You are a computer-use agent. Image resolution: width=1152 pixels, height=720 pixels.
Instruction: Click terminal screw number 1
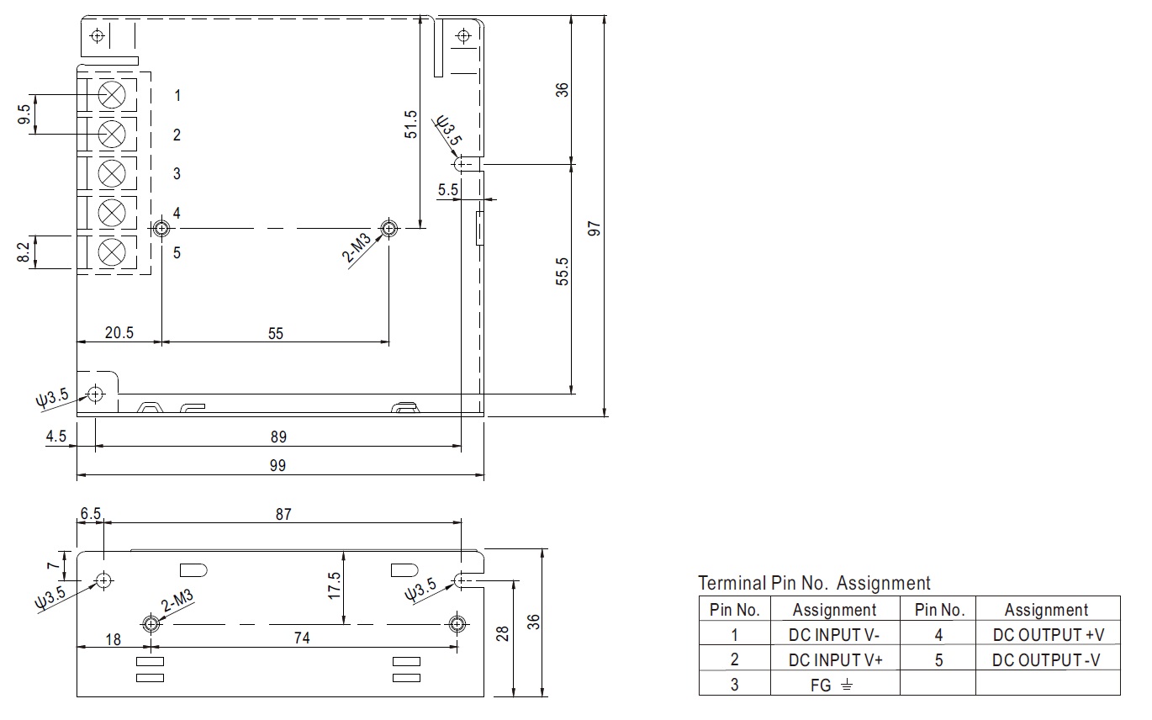click(x=112, y=95)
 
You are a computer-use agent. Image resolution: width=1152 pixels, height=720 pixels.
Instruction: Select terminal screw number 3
click(x=112, y=173)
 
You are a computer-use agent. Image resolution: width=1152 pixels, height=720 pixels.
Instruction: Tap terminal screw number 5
click(x=112, y=252)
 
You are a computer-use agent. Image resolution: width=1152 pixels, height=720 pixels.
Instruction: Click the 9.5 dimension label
click(x=24, y=114)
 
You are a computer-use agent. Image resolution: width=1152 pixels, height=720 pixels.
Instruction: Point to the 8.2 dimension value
click(x=24, y=252)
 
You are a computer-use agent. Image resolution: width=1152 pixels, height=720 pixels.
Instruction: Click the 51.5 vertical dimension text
click(x=410, y=124)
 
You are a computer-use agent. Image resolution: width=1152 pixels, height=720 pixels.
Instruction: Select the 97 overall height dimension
click(x=594, y=229)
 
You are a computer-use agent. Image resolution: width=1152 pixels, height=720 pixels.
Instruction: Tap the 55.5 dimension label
click(x=562, y=272)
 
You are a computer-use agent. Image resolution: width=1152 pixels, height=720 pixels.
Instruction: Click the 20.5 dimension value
click(x=119, y=333)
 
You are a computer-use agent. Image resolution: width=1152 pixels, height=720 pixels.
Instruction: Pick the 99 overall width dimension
click(x=277, y=465)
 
